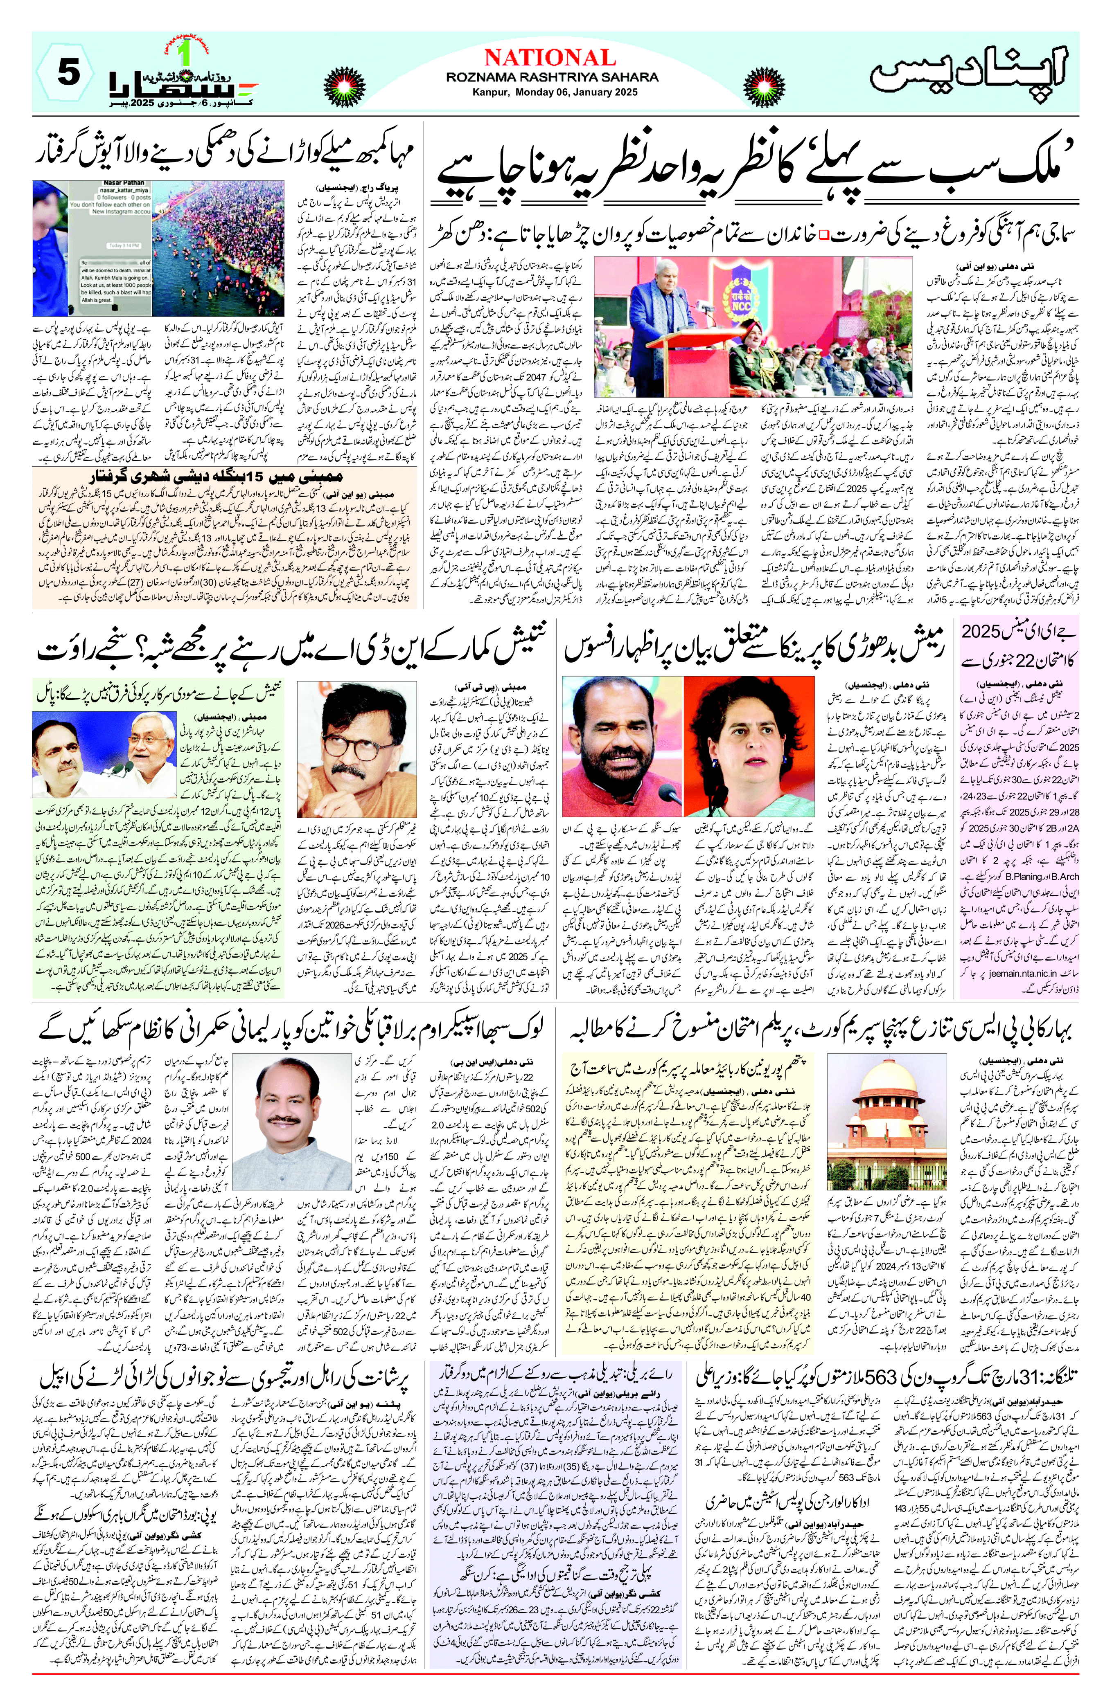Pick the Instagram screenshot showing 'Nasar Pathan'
click(92, 249)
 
